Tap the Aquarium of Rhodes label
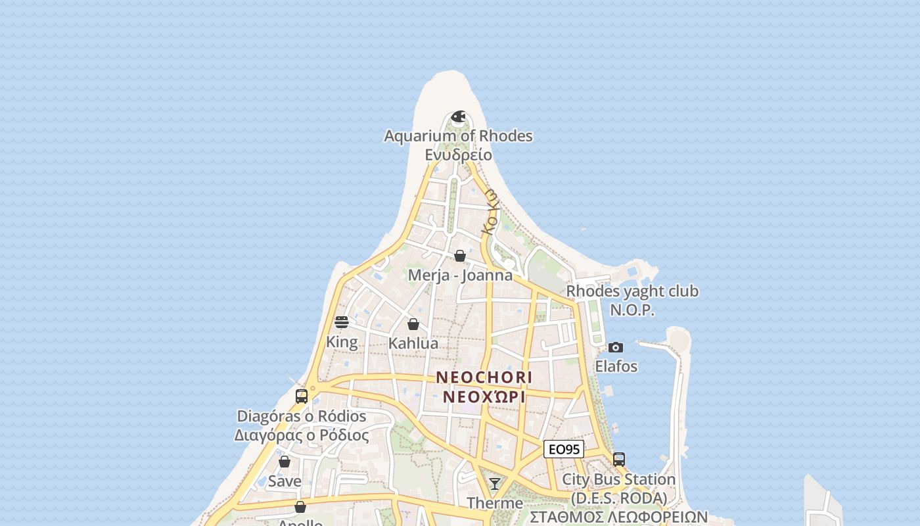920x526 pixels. pyautogui.click(x=458, y=136)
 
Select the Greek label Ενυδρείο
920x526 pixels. pyautogui.click(x=458, y=155)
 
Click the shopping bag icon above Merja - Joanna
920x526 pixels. pyautogui.click(x=460, y=256)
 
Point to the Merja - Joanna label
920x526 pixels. pyautogui.click(x=460, y=275)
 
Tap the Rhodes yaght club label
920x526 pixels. pyautogui.click(x=632, y=291)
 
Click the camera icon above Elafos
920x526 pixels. pyautogui.click(x=616, y=347)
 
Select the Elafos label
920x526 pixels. pyautogui.click(x=616, y=366)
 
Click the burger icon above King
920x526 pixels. pyautogui.click(x=342, y=322)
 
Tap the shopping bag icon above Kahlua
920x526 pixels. pyautogui.click(x=413, y=324)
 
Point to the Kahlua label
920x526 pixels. pyautogui.click(x=413, y=343)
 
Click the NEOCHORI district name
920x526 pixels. pyautogui.click(x=484, y=377)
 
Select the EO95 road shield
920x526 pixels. pyautogui.click(x=564, y=450)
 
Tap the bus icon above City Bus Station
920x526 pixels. pyautogui.click(x=618, y=460)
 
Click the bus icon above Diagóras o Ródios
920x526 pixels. pyautogui.click(x=302, y=396)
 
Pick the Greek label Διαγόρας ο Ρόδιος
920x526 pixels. pyautogui.click(x=302, y=435)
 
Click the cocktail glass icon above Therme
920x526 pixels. pyautogui.click(x=495, y=484)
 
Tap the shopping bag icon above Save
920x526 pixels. pyautogui.click(x=285, y=462)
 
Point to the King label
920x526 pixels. pyautogui.click(x=342, y=342)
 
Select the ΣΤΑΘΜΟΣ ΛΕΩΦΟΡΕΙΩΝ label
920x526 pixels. pyautogui.click(x=618, y=517)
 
